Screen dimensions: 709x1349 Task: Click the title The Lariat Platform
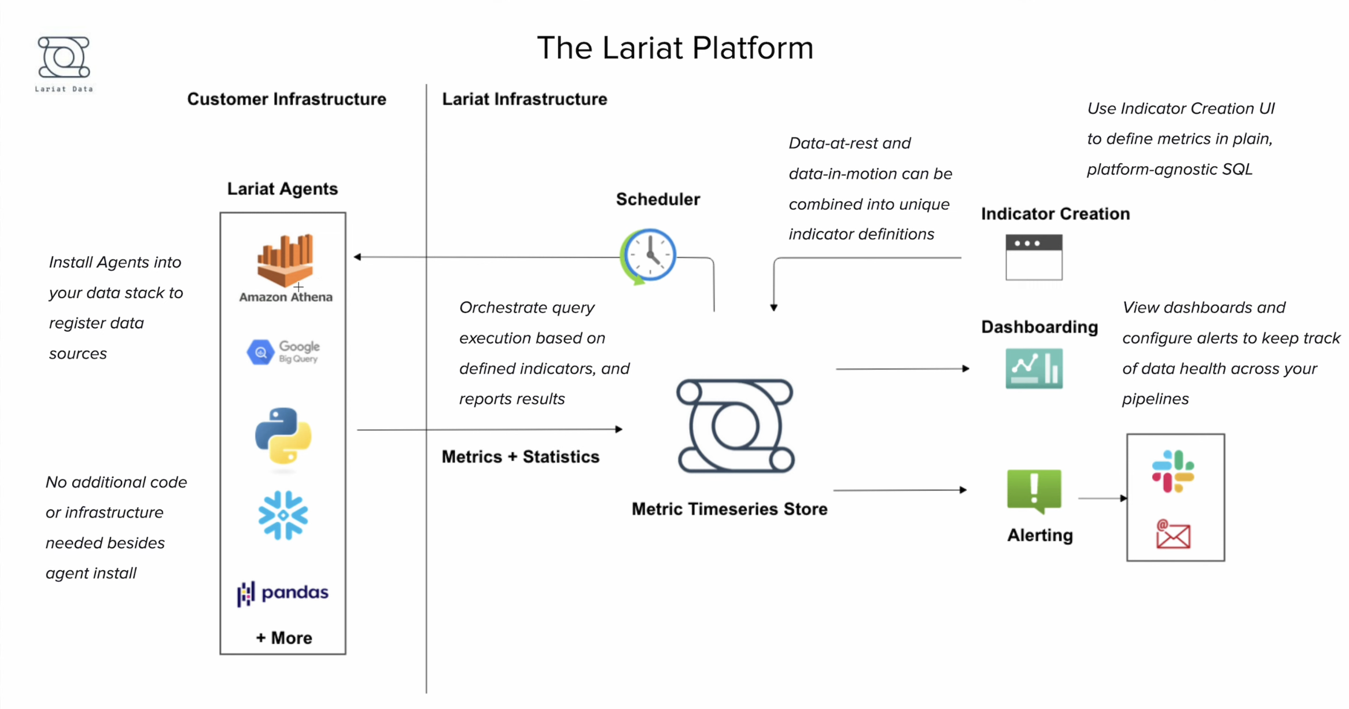tap(675, 47)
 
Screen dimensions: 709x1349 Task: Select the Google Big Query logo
tap(283, 352)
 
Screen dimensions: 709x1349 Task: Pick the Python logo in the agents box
tap(283, 435)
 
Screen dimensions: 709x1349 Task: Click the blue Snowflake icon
tap(283, 515)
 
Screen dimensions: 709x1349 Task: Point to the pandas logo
tap(283, 593)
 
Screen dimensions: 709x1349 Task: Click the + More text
tap(284, 638)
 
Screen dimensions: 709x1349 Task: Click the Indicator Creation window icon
tap(1034, 257)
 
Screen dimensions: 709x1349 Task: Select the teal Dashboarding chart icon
tap(1034, 368)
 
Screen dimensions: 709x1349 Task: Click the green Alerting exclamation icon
tap(1034, 490)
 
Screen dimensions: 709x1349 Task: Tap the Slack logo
tap(1173, 471)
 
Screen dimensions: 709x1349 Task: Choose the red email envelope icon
tap(1173, 534)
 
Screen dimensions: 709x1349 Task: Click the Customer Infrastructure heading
tap(286, 99)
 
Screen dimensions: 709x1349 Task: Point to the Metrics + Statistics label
tap(520, 457)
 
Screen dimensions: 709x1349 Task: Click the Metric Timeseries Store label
tap(729, 509)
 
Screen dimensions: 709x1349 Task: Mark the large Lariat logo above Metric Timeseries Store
tap(735, 426)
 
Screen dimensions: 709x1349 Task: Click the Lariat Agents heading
tap(282, 189)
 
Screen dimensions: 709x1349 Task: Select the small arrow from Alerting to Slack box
tap(1102, 498)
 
